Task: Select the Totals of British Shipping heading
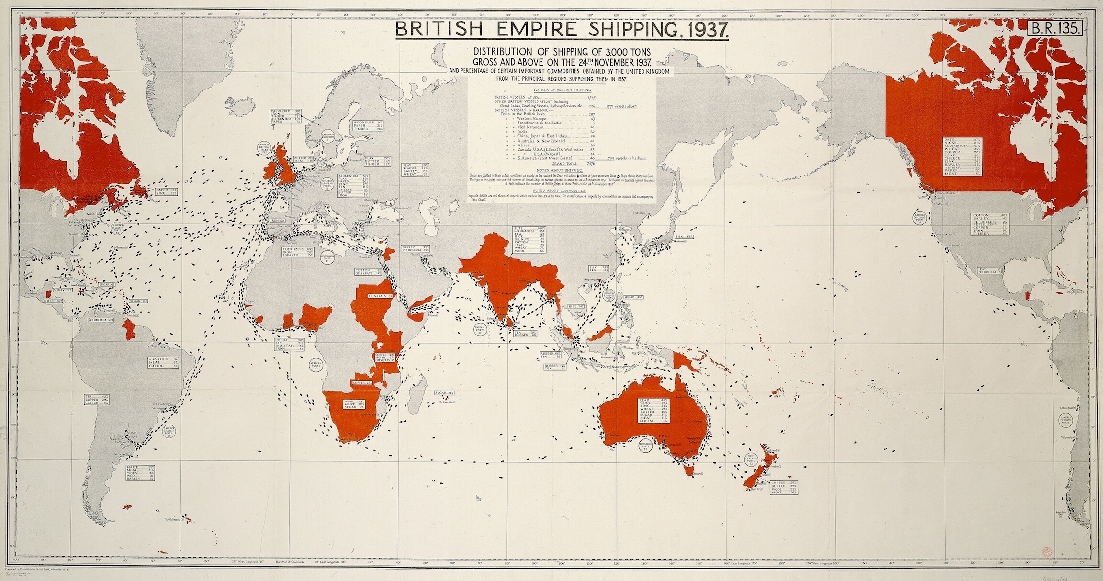(x=562, y=90)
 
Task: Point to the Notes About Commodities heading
(x=562, y=190)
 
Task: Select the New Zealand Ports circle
(x=751, y=460)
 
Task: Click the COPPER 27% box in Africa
(x=362, y=383)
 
